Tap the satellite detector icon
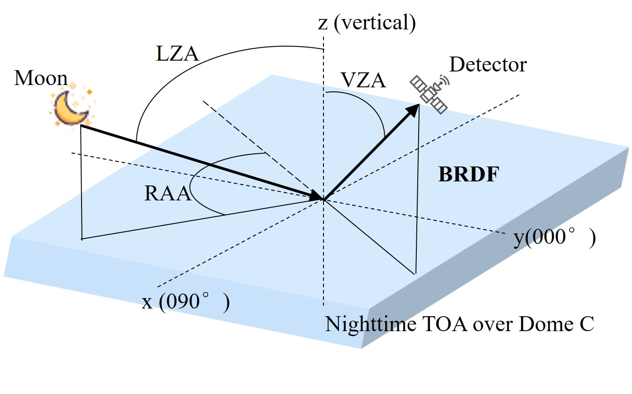(x=429, y=94)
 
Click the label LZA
(x=177, y=54)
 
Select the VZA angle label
(x=363, y=81)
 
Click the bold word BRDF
(x=468, y=175)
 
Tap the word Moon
(x=41, y=78)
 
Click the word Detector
(x=487, y=65)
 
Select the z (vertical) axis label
(x=367, y=23)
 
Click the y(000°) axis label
(x=554, y=237)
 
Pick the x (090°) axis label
(x=186, y=302)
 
